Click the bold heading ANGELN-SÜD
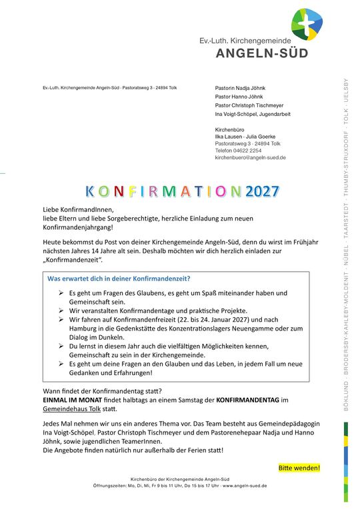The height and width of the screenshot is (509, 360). pyautogui.click(x=262, y=54)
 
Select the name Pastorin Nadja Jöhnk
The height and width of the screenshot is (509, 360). pyautogui.click(x=239, y=87)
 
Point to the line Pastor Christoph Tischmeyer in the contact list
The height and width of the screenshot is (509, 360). pyautogui.click(x=249, y=105)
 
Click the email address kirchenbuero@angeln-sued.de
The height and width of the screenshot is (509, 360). pyautogui.click(x=250, y=158)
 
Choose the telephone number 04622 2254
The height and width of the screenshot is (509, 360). pyautogui.click(x=246, y=151)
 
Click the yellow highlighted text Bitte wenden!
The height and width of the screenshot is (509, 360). pyautogui.click(x=299, y=468)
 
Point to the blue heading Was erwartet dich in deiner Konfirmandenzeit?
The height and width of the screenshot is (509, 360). pyautogui.click(x=119, y=278)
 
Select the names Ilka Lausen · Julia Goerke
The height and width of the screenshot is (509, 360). pyautogui.click(x=245, y=136)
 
